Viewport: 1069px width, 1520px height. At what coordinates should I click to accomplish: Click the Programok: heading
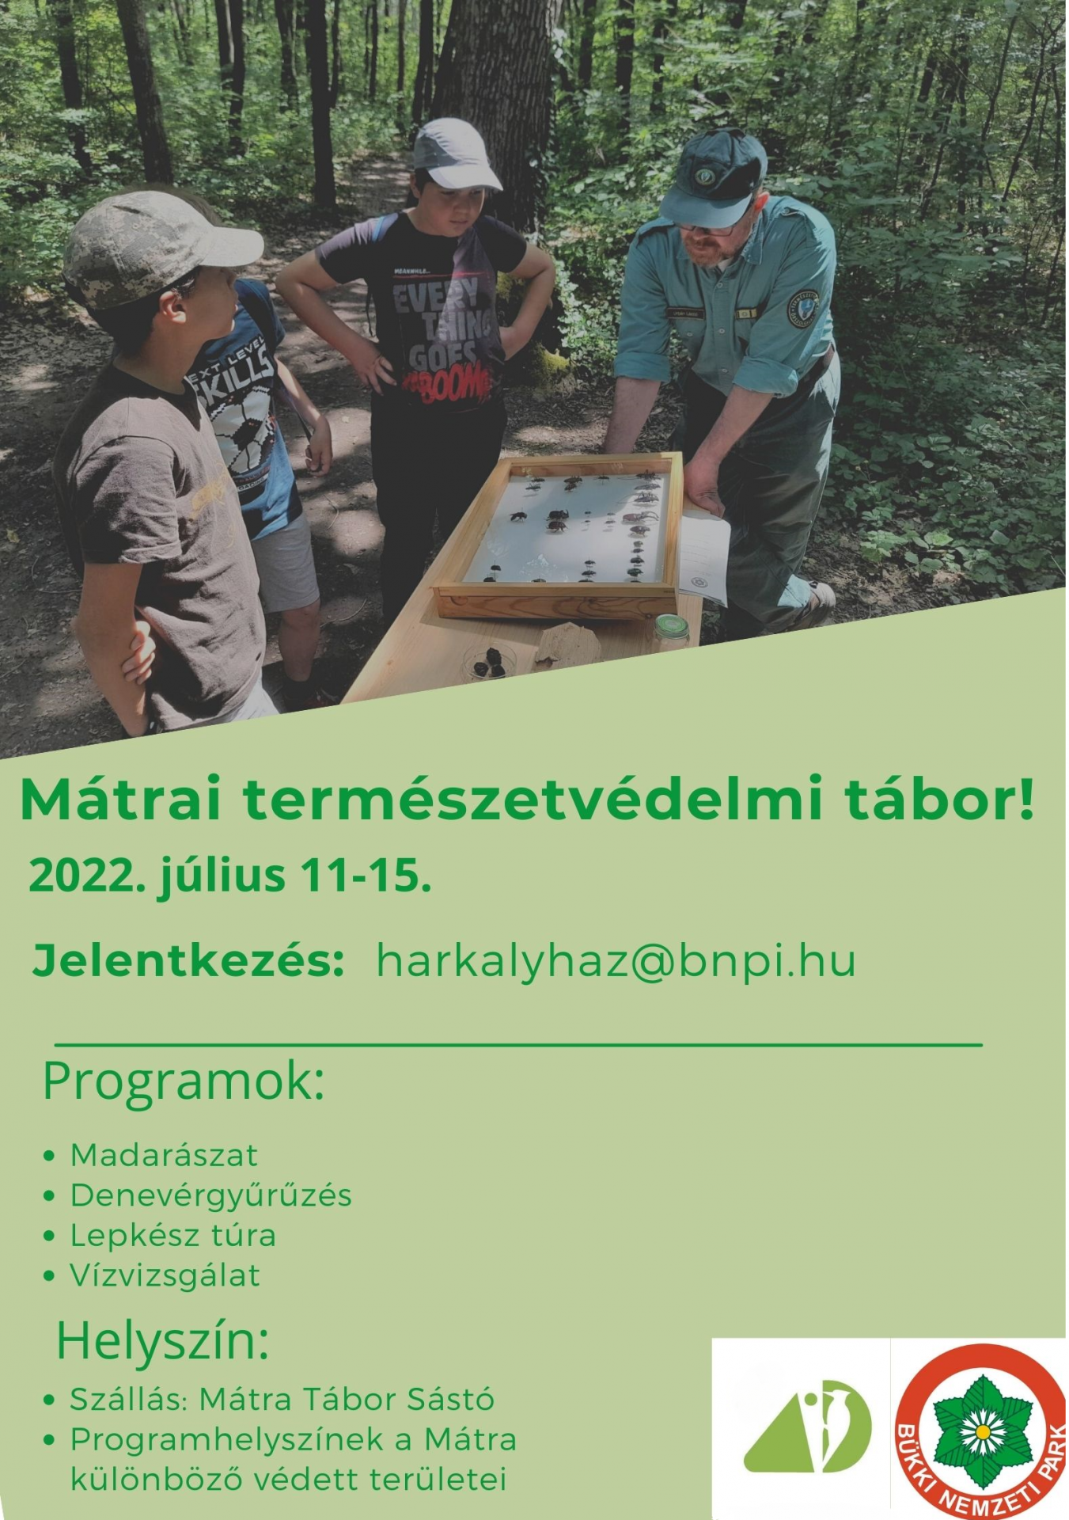[184, 1081]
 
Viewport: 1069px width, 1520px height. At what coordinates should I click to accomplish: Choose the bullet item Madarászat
[164, 1155]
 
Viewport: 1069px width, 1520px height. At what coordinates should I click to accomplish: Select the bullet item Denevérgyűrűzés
[210, 1195]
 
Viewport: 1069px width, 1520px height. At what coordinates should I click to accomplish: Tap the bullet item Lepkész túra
[172, 1235]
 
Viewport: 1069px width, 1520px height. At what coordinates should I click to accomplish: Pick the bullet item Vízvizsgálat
[165, 1275]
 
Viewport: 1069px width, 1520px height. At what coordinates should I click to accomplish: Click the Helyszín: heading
[163, 1341]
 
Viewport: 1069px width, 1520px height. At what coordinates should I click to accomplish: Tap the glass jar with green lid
[671, 632]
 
